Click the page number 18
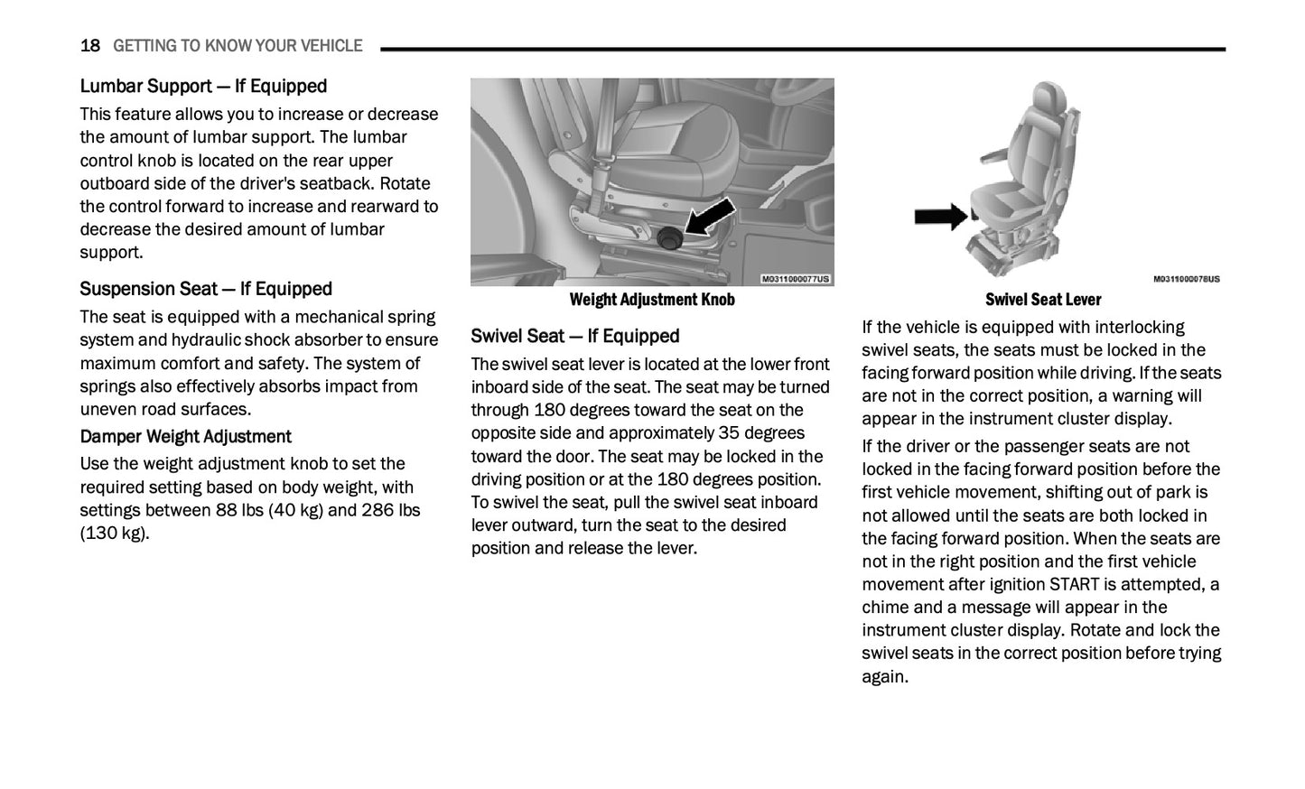[89, 46]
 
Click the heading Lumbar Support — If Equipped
[203, 87]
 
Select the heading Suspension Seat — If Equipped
[206, 289]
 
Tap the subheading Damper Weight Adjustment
[185, 437]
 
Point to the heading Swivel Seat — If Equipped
[574, 337]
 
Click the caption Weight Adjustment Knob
[651, 300]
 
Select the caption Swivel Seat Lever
[1043, 300]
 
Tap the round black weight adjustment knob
[670, 238]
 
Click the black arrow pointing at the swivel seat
[940, 216]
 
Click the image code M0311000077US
[795, 279]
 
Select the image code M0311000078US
[1186, 279]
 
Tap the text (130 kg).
[114, 534]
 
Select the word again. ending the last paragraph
[884, 677]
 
